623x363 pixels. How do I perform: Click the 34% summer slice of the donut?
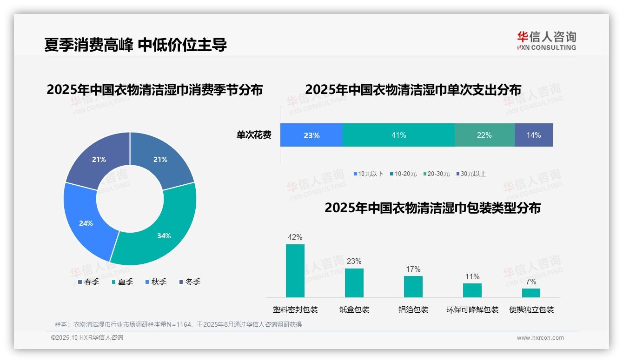coord(164,235)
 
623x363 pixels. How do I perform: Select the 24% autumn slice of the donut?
coord(86,223)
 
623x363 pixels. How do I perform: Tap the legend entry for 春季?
coord(88,282)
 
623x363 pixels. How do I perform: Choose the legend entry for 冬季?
coord(190,282)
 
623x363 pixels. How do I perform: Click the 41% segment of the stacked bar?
coord(398,135)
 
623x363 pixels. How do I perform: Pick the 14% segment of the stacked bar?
coord(533,135)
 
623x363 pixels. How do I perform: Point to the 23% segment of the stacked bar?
coord(311,135)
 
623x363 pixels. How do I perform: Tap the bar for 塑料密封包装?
coord(295,270)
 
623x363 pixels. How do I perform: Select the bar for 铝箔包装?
coord(413,286)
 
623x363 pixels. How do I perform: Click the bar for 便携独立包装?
coord(531,293)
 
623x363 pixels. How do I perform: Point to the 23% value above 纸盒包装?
coord(354,261)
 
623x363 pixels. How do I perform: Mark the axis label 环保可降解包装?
coord(472,309)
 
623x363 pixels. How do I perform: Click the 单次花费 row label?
coord(254,135)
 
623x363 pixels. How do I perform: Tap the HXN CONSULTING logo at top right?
coord(546,40)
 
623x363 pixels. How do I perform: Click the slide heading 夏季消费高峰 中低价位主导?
coord(135,45)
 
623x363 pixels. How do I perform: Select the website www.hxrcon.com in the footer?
coord(540,338)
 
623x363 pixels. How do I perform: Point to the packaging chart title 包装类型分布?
coord(432,208)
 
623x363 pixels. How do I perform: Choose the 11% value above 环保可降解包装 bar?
coord(472,276)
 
